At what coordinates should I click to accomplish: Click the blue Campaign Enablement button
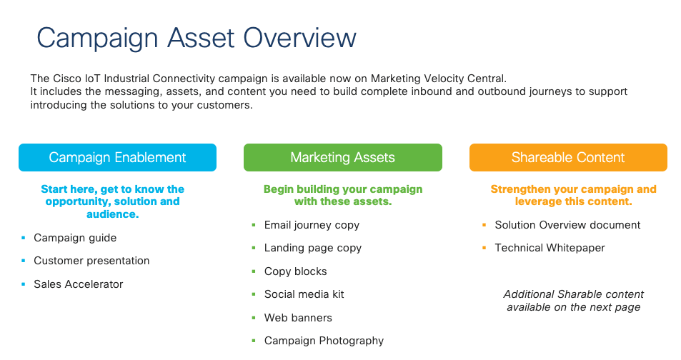click(117, 157)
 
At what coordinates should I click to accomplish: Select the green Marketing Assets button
click(343, 157)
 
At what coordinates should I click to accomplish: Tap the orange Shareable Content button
click(568, 157)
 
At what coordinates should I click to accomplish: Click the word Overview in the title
click(299, 38)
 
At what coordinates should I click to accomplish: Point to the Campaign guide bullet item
click(75, 238)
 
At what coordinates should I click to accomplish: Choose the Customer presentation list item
click(91, 261)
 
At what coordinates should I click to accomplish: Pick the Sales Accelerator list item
click(78, 284)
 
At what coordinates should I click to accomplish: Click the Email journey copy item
click(312, 225)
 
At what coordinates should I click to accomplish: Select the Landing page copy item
click(313, 248)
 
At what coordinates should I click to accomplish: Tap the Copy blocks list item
click(295, 271)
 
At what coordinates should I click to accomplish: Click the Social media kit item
click(304, 294)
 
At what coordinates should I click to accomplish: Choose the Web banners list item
click(298, 318)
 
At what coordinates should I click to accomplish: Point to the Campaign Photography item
click(324, 341)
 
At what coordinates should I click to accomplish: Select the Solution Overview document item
click(567, 225)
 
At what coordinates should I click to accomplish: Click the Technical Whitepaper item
click(550, 248)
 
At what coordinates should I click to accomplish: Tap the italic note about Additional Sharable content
click(573, 301)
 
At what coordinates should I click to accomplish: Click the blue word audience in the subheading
click(111, 214)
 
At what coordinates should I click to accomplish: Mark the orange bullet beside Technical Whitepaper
click(484, 248)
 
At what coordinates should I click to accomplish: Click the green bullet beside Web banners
click(254, 318)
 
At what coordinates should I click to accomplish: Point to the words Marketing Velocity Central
click(438, 79)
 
